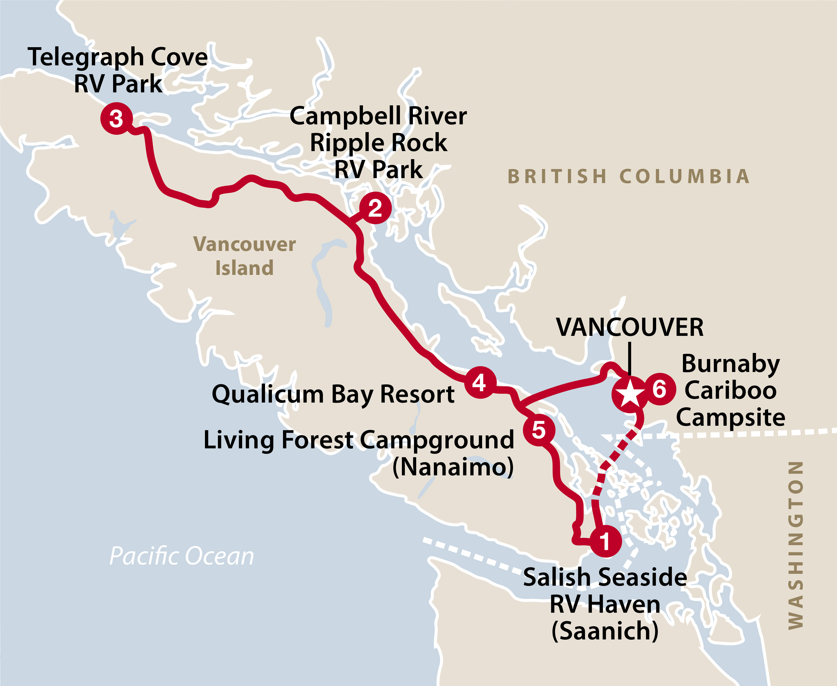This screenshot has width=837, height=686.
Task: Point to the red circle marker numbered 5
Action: (539, 430)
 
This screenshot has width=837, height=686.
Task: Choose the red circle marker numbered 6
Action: (659, 389)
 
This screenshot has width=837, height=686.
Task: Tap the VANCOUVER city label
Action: (630, 328)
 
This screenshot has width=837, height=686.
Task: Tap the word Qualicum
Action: (268, 395)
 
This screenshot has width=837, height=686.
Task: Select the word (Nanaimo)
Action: (453, 467)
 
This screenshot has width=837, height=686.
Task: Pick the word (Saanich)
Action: (605, 631)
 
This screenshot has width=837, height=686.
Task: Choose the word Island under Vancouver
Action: (244, 268)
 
